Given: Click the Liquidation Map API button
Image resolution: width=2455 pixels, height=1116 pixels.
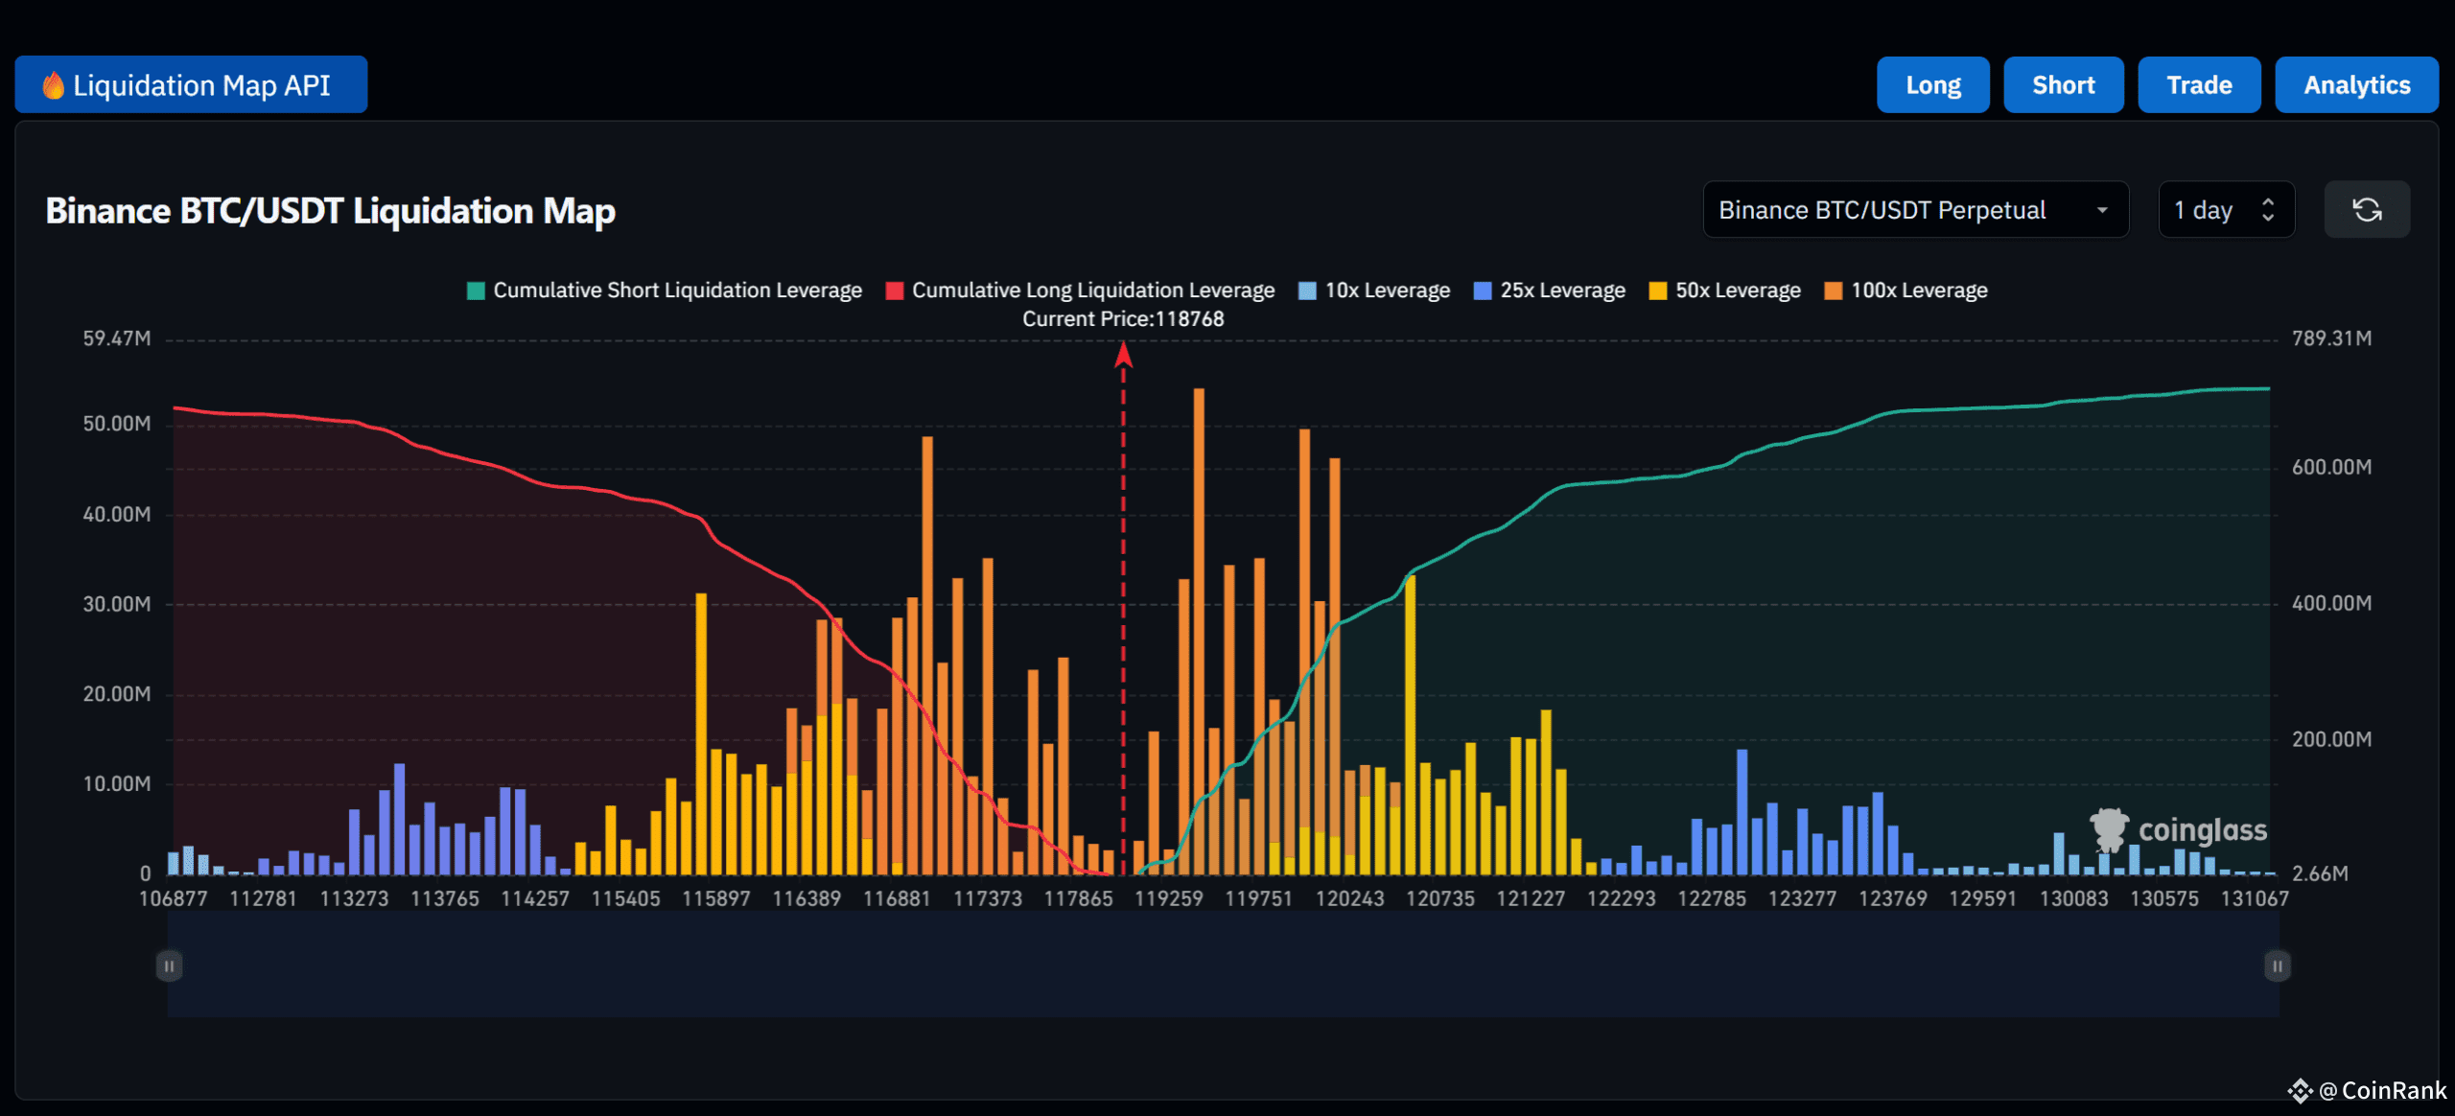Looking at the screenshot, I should (191, 85).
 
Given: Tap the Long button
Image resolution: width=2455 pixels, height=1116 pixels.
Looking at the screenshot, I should (1932, 85).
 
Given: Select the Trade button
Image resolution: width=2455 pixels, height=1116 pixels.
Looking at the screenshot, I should (2198, 85).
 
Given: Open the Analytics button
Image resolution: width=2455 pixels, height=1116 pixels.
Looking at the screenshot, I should (2355, 85).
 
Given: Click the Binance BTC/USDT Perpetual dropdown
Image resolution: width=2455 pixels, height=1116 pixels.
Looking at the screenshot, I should (1914, 210).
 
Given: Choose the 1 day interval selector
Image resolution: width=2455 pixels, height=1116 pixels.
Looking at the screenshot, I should (2225, 210).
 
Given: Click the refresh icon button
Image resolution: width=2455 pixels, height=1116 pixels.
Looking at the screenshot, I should (2366, 210).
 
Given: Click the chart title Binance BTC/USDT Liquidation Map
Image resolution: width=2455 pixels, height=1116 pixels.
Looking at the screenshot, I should (330, 211).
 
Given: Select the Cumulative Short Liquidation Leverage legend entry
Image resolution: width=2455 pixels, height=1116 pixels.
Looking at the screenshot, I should (665, 291).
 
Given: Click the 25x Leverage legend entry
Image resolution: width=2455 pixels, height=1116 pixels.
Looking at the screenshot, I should (1550, 291).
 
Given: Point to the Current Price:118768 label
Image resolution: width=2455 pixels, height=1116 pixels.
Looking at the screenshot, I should (1123, 319).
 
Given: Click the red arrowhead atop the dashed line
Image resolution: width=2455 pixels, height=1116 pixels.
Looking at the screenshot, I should (1123, 356).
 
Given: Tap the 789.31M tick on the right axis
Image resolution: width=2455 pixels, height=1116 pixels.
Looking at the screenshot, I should (2331, 338).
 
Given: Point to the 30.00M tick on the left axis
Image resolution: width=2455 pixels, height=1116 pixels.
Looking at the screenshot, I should (116, 604).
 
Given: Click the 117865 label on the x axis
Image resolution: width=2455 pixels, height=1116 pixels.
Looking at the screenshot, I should (1078, 899).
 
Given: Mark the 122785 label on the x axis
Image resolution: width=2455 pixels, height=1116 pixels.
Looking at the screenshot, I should (1711, 899).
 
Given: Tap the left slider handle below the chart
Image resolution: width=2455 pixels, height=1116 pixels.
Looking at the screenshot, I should (169, 965).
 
